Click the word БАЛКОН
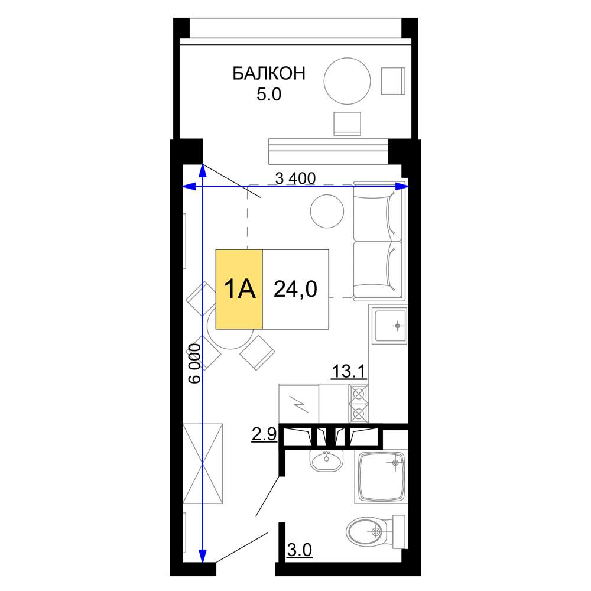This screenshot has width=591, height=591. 269,73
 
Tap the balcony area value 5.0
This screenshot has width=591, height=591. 269,94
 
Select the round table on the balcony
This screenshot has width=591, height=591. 347,81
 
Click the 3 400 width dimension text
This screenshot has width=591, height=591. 295,178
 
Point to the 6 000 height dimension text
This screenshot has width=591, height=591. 195,363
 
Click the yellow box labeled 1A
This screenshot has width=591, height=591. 239,289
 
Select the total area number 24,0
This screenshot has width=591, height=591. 295,289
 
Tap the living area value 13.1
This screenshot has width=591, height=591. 349,372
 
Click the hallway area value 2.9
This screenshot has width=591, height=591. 264,434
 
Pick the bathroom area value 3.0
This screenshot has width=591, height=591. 300,550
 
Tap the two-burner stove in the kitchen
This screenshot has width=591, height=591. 359,404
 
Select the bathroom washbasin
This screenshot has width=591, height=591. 327,460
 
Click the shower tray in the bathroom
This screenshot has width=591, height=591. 381,477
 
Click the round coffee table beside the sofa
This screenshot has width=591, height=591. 327,211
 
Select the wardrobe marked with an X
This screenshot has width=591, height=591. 203,463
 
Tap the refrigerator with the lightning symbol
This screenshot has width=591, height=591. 299,404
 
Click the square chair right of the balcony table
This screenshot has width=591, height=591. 393,81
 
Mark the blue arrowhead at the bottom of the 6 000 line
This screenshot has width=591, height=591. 202,556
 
